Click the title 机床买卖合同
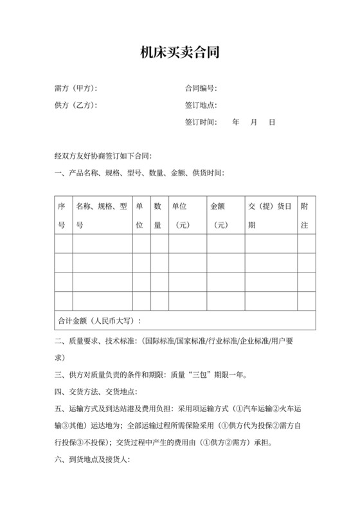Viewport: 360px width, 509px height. tap(180, 53)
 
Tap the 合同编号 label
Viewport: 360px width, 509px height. tap(201, 88)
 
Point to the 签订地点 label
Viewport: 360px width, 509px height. tap(201, 105)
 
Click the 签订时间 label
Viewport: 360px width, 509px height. tap(201, 121)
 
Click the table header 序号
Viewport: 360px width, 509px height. tap(62, 216)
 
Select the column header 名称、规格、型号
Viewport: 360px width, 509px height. tap(102, 216)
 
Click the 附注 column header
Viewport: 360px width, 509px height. tap(305, 216)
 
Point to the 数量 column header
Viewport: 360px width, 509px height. tap(157, 216)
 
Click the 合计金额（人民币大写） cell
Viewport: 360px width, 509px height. tap(100, 321)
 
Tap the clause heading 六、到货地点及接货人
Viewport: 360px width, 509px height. tap(93, 460)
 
